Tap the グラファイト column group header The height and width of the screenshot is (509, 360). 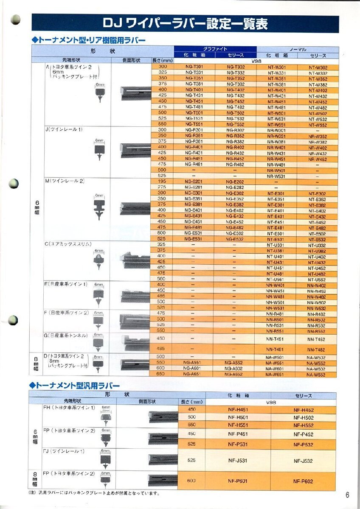(215, 49)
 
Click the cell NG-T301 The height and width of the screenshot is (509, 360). (194, 67)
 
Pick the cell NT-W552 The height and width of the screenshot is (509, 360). (318, 125)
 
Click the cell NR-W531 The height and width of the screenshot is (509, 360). (276, 176)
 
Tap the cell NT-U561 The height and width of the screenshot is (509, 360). (276, 279)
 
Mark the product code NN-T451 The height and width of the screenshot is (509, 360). (276, 339)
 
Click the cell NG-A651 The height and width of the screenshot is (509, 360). (194, 375)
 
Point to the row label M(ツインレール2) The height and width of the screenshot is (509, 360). (65, 181)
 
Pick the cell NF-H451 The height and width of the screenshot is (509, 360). (238, 410)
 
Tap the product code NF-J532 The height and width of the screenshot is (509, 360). (303, 460)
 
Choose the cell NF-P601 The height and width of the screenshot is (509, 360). (238, 481)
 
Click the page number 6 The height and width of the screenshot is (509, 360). (347, 495)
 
